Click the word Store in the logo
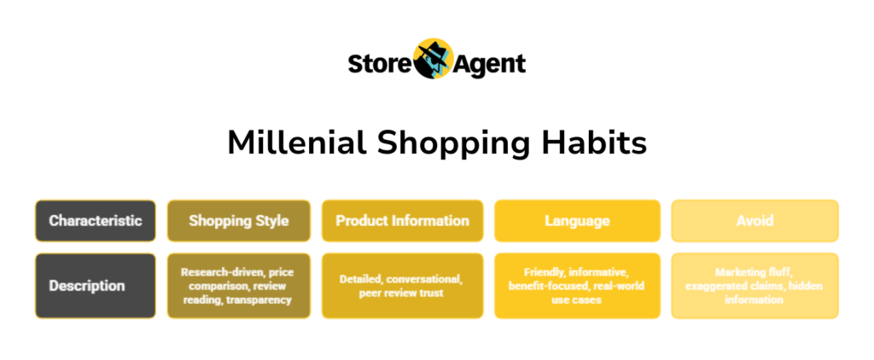pyautogui.click(x=380, y=64)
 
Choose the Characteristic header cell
pyautogui.click(x=95, y=221)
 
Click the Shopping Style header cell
pyautogui.click(x=239, y=221)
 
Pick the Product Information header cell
pyautogui.click(x=402, y=221)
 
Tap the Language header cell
pyautogui.click(x=578, y=221)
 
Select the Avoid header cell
pyautogui.click(x=755, y=221)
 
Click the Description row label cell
pyautogui.click(x=95, y=286)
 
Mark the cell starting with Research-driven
pyautogui.click(x=239, y=286)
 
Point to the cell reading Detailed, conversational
pyautogui.click(x=402, y=286)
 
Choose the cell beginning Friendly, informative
pyautogui.click(x=578, y=286)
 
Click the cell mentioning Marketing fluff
pyautogui.click(x=755, y=286)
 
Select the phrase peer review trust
pyautogui.click(x=402, y=293)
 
